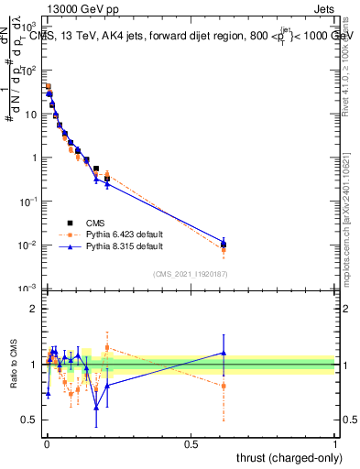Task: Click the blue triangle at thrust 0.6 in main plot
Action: point(224,243)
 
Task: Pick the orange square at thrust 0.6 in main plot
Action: point(224,250)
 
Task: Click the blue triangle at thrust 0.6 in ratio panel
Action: point(224,353)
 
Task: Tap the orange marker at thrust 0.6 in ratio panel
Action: point(224,386)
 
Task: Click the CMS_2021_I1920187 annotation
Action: point(190,274)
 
